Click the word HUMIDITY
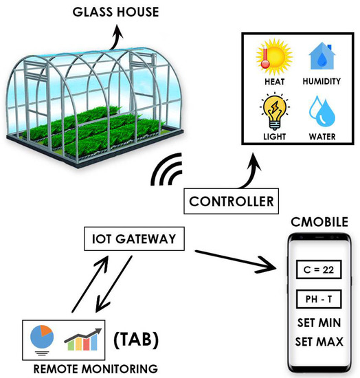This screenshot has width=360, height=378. click(x=320, y=82)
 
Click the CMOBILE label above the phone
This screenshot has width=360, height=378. click(x=318, y=222)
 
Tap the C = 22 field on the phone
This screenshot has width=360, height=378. click(x=318, y=269)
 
